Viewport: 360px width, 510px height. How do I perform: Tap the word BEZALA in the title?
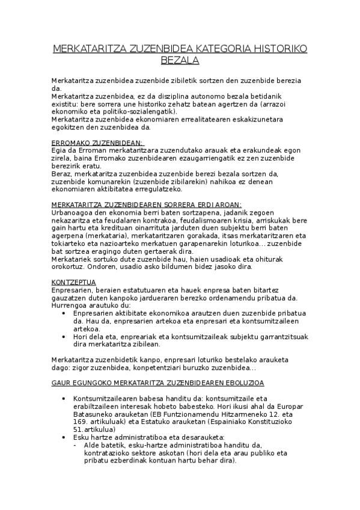tap(180, 61)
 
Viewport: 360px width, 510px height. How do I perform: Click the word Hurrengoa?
tap(70, 306)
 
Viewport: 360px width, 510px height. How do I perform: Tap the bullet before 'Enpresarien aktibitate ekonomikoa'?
tap(65, 313)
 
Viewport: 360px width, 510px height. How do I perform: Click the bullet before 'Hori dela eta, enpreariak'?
tap(65, 337)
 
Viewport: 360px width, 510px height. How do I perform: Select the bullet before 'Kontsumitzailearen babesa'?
tap(65, 399)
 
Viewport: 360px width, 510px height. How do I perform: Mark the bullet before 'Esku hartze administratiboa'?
tap(65, 437)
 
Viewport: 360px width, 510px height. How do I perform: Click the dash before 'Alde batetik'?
tap(73, 445)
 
